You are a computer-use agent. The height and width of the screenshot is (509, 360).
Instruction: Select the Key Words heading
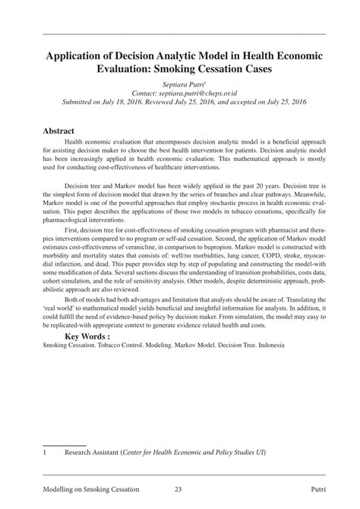coord(93,336)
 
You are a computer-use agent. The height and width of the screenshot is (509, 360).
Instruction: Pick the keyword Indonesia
coord(268,345)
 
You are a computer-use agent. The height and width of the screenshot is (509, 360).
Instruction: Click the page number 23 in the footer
coord(178,489)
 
